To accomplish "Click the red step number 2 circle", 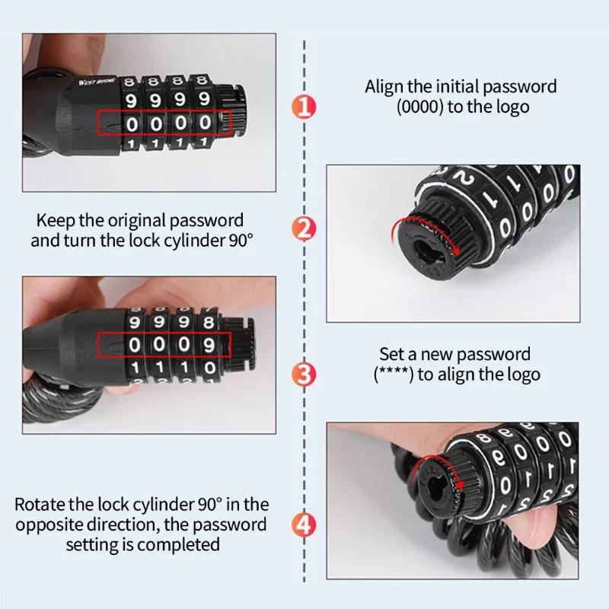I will pos(304,228).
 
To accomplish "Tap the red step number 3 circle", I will pos(304,374).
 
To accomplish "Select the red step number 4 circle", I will pos(304,525).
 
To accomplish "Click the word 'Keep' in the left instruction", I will pos(55,221).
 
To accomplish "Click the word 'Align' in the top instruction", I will pos(385,87).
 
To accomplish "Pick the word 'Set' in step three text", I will pos(393,354).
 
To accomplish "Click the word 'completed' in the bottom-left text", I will pos(183,544).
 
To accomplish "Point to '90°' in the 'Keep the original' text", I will pos(239,240).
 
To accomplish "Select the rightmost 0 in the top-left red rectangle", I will pos(205,122).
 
